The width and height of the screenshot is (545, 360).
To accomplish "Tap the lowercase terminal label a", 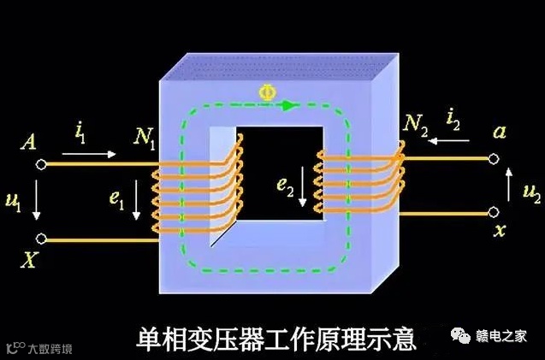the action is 501,133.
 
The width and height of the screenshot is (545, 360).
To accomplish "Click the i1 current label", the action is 80,133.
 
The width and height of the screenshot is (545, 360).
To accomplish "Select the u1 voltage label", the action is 12,201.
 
